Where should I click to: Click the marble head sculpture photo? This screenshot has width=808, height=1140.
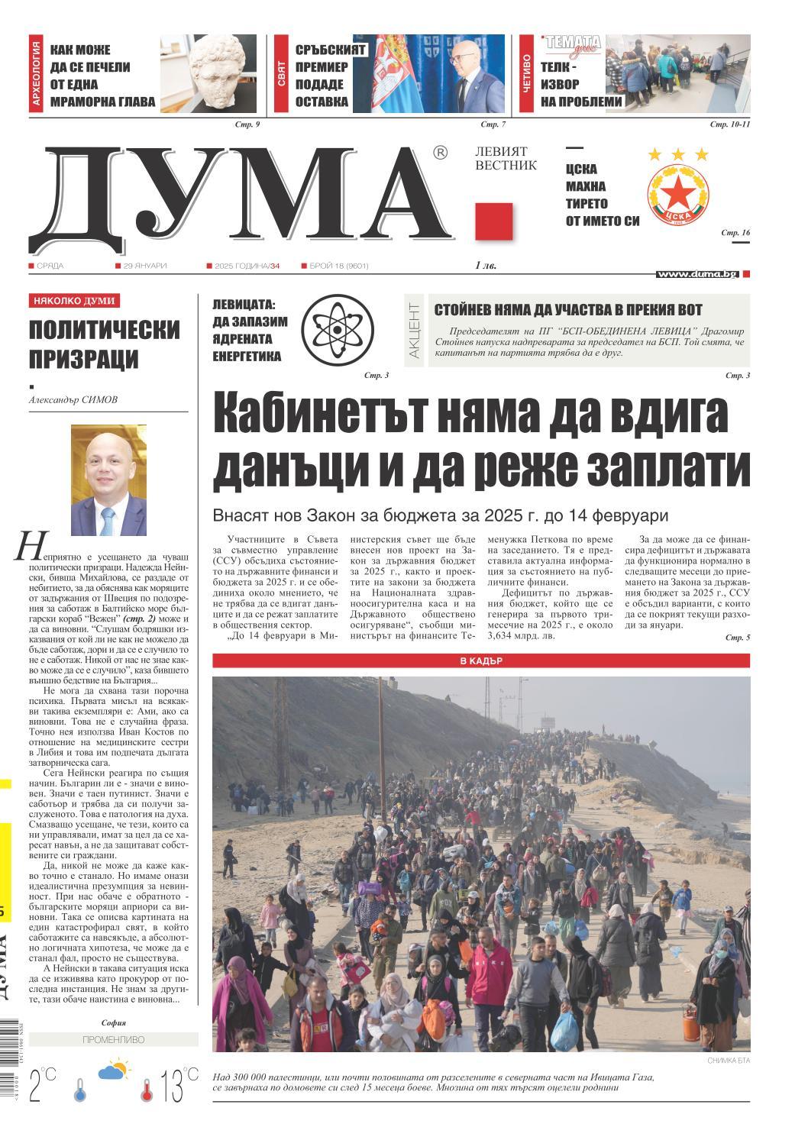212,75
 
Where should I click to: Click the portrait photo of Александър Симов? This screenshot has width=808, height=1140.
108,480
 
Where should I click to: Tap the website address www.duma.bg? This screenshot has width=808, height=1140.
697,273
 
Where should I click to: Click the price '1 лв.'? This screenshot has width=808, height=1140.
486,266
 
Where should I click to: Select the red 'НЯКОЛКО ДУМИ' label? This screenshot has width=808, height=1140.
75,301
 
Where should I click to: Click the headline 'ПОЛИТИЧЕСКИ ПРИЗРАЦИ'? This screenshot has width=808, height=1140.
105,344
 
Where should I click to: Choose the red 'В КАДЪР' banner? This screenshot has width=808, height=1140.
480,661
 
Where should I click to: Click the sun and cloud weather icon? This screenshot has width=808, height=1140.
113,1070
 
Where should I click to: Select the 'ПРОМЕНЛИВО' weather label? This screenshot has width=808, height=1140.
113,1040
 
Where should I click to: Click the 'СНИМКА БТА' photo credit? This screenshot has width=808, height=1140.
724,1061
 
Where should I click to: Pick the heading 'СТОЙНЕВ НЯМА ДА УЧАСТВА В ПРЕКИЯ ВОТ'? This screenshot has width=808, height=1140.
568,309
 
